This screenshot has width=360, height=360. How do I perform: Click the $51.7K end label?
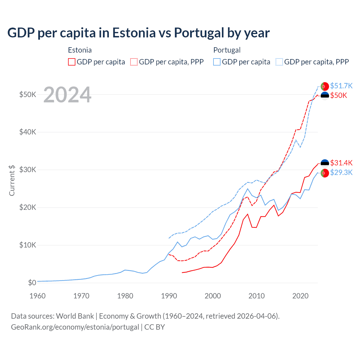[x=341, y=86]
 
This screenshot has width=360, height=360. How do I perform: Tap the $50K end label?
[x=339, y=96]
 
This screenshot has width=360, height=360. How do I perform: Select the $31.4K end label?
[x=341, y=163]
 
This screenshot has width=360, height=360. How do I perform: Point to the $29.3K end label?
[x=341, y=172]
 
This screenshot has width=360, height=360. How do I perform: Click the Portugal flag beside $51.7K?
[x=325, y=86]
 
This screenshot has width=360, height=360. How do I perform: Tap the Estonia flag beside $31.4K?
[x=325, y=163]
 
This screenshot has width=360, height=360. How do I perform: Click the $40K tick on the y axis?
[x=28, y=132]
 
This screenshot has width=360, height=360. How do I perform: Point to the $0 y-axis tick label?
[x=32, y=283]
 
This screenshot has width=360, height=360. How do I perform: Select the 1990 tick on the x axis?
[x=169, y=296]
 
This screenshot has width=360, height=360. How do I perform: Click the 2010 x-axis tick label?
[x=257, y=296]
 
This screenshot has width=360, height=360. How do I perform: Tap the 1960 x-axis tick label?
[x=37, y=296]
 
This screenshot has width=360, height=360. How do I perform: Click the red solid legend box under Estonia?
[x=72, y=62]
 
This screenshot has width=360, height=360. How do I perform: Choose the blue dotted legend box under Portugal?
[x=279, y=62]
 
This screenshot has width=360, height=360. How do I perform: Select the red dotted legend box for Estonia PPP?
[x=134, y=62]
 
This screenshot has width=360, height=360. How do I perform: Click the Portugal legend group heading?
[x=227, y=50]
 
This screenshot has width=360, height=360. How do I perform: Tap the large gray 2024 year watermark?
[x=67, y=95]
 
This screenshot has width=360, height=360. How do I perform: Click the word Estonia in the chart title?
[x=134, y=33]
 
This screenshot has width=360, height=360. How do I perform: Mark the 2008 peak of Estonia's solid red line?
[x=247, y=214]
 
